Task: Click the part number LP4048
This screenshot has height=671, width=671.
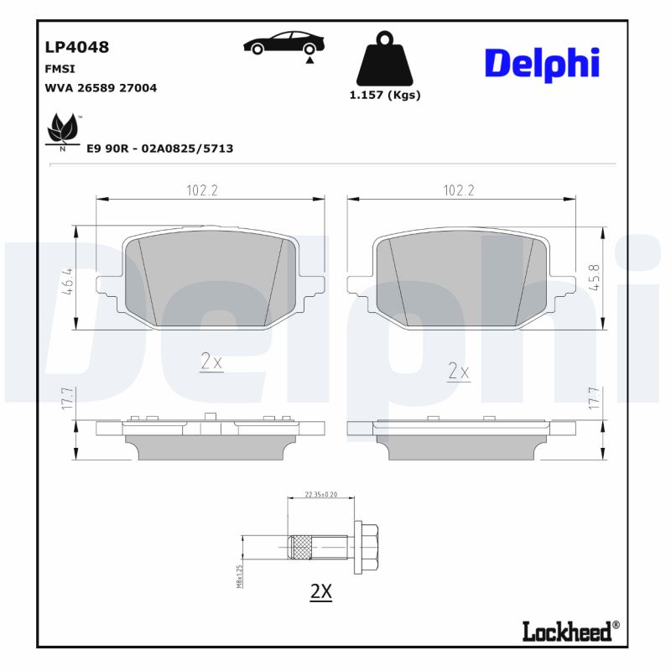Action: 76,47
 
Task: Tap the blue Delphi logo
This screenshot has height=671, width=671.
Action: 541,63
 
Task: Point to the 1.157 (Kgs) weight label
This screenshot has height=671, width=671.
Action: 384,95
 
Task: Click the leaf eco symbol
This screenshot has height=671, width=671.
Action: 61,131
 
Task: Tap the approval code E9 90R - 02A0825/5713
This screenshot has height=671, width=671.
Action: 159,148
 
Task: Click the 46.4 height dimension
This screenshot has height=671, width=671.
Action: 65,278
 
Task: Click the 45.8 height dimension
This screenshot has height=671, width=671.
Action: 595,278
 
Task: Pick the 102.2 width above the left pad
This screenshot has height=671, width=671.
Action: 202,190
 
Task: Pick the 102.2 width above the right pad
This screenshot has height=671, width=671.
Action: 459,190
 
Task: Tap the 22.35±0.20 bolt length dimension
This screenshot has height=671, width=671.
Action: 321,494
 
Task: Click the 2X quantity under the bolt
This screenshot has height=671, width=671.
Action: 321,591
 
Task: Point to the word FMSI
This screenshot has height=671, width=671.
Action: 59,69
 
